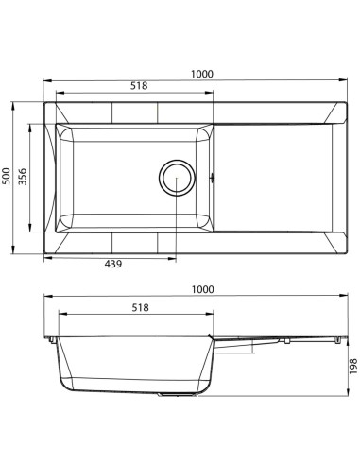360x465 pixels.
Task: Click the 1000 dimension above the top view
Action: point(202,74)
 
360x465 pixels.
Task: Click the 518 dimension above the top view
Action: point(139,86)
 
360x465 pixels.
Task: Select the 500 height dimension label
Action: point(7,176)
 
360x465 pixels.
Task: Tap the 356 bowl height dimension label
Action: point(23,177)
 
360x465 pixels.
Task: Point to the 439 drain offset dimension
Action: point(113,264)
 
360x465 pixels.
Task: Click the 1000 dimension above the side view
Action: point(203,289)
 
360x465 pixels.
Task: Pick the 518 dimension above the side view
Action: point(140,307)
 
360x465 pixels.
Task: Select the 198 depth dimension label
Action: point(353,366)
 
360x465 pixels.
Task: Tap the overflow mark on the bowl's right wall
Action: point(213,178)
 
